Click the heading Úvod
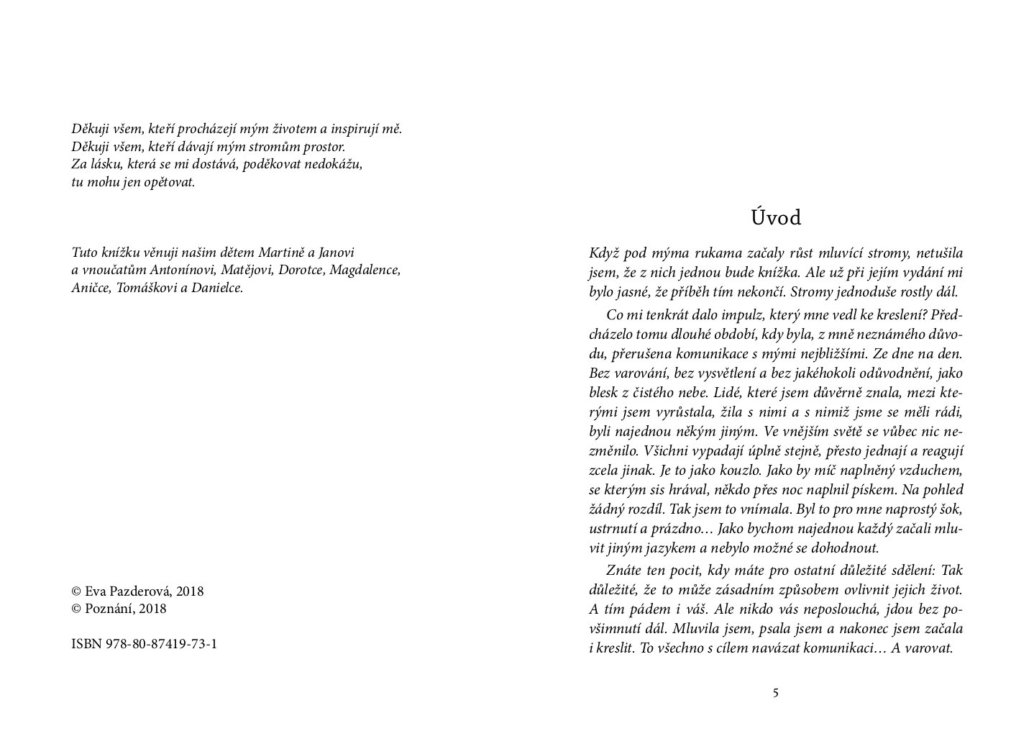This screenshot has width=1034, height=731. pyautogui.click(x=775, y=217)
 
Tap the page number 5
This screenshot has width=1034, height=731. pyautogui.click(x=775, y=694)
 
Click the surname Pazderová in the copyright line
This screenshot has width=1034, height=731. pyautogui.click(x=140, y=591)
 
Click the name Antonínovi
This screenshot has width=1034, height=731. pyautogui.click(x=182, y=271)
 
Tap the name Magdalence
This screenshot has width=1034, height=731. pyautogui.click(x=365, y=271)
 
